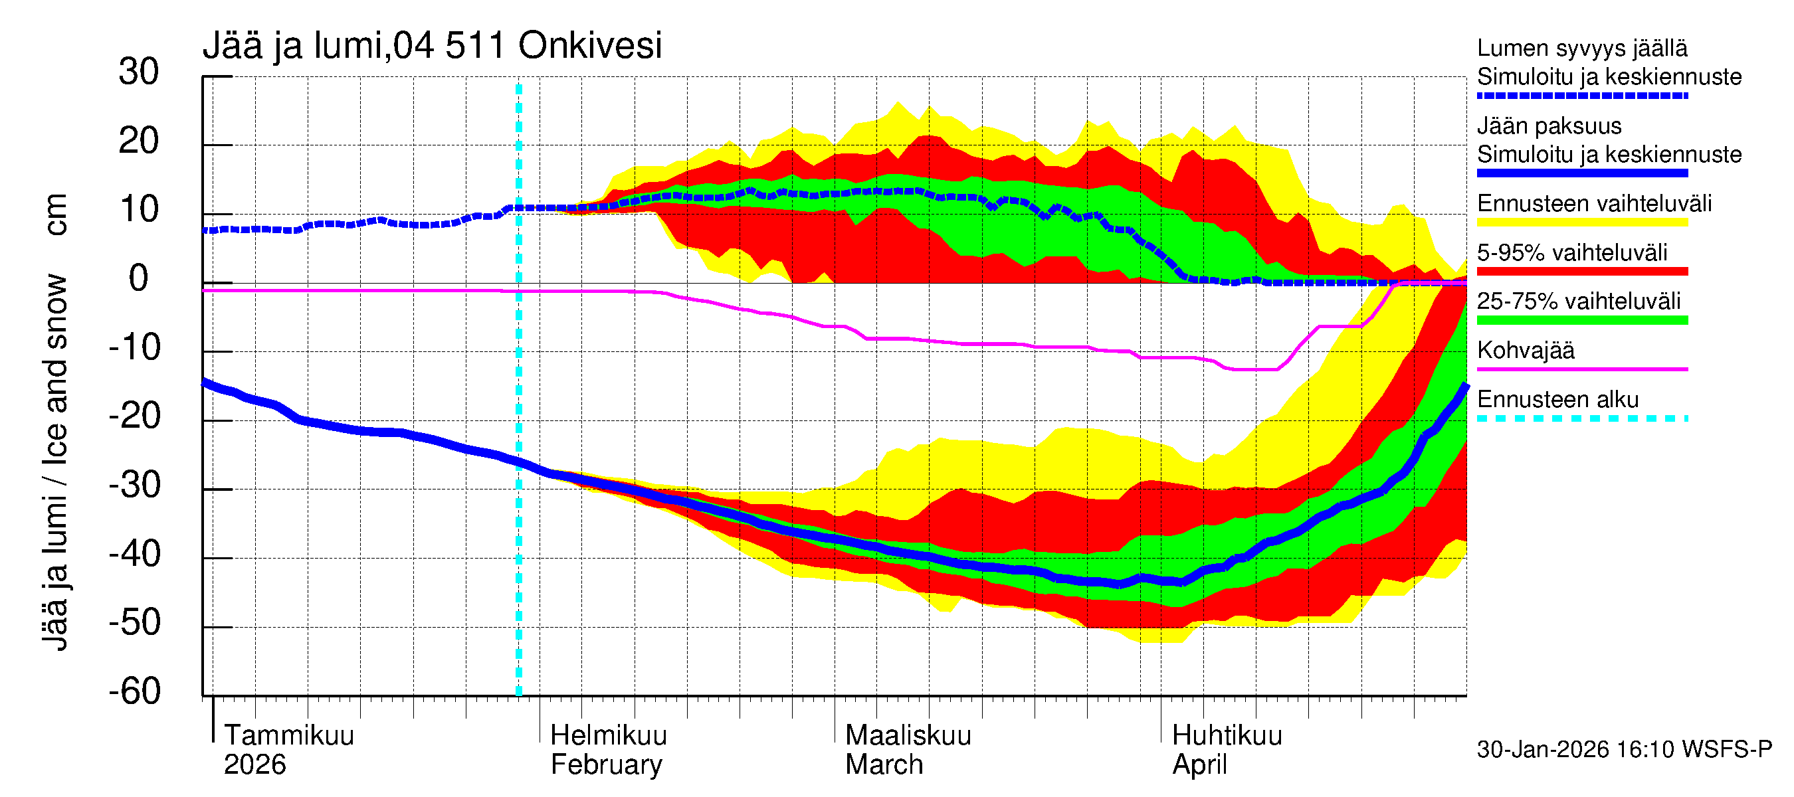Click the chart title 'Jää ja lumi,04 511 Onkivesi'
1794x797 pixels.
tap(432, 46)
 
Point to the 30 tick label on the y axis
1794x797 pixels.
tap(139, 72)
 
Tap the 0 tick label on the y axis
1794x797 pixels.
tap(139, 279)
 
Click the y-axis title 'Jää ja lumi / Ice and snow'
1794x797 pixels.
tap(55, 463)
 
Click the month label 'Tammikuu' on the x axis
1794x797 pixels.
tap(289, 735)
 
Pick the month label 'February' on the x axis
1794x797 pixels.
tap(606, 765)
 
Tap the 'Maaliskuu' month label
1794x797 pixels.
tap(908, 735)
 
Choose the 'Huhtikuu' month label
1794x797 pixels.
tap(1227, 735)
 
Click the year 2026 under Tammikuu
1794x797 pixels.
tap(254, 765)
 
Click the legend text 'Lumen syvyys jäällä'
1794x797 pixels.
tap(1581, 48)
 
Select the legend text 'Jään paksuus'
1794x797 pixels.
tap(1549, 126)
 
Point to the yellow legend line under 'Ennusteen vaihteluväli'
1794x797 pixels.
tap(1581, 222)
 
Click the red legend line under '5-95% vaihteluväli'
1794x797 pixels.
tap(1581, 272)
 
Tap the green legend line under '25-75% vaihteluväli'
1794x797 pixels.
tap(1581, 320)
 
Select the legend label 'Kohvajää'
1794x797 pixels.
tap(1525, 350)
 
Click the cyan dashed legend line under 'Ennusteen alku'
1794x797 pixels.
tap(1581, 418)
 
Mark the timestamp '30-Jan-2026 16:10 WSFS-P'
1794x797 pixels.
tap(1624, 750)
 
